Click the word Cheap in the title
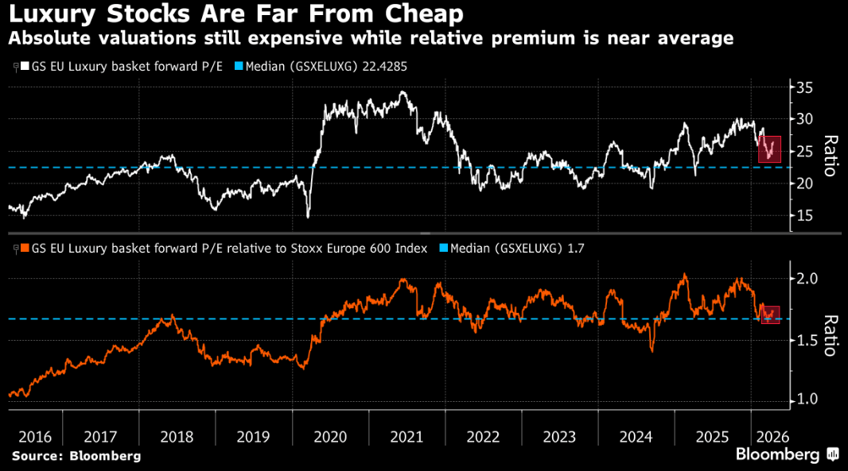[x=422, y=14]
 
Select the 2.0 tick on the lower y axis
[x=810, y=279]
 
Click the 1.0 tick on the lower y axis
[x=810, y=400]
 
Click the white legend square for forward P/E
[x=25, y=67]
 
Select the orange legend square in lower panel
[x=25, y=249]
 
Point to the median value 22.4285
[x=384, y=67]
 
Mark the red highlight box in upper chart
[x=770, y=149]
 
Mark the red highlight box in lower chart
[x=770, y=315]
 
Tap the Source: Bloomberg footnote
[x=76, y=456]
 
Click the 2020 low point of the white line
[x=308, y=215]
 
